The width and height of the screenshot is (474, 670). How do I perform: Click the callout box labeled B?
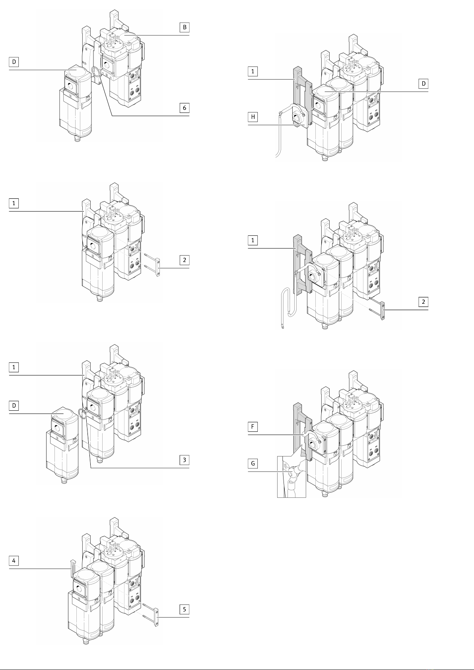[x=185, y=27]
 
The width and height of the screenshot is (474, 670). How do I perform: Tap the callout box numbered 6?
[x=185, y=108]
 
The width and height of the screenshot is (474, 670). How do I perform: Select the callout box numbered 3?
[x=185, y=460]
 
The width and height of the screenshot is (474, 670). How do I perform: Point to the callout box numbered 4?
[x=14, y=561]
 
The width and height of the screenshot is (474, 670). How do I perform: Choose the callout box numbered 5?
[x=185, y=609]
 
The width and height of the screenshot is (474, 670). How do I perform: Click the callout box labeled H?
[x=253, y=117]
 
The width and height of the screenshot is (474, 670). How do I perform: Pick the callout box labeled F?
[x=253, y=427]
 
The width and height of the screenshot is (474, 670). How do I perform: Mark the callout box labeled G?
[x=253, y=464]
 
